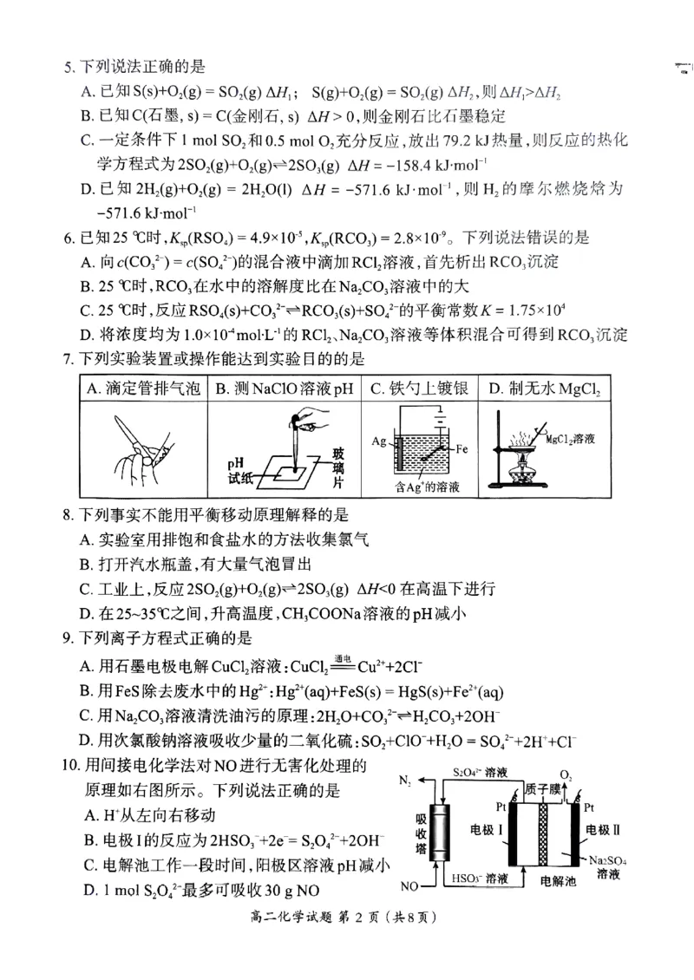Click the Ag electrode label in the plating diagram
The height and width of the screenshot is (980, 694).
[x=380, y=442]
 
